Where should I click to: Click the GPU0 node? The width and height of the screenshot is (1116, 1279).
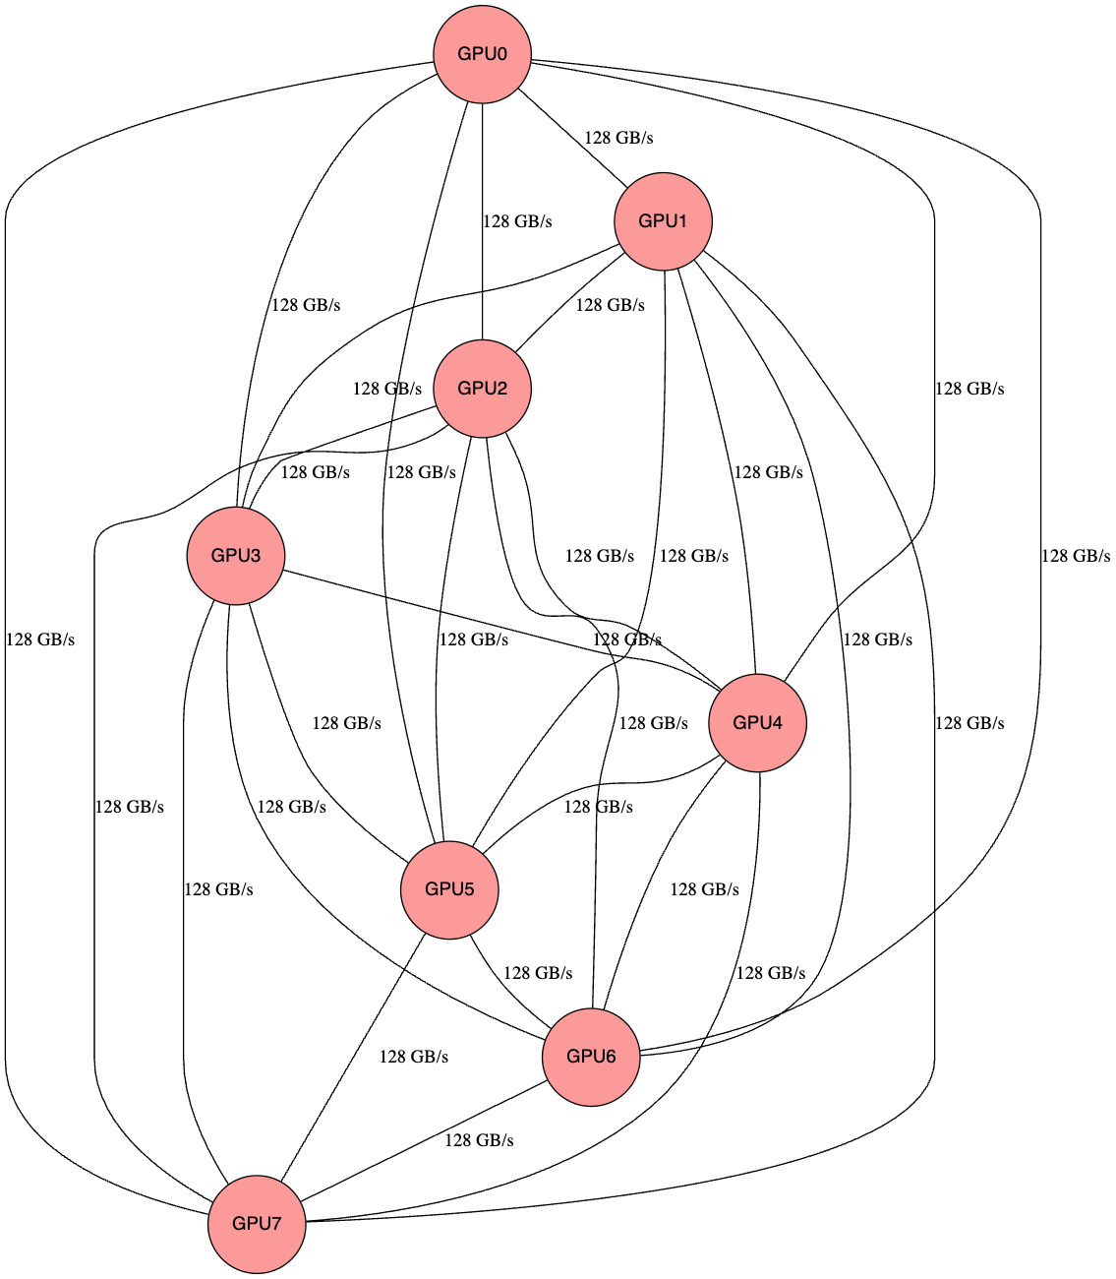(x=483, y=54)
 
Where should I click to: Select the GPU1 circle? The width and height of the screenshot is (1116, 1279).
(x=664, y=221)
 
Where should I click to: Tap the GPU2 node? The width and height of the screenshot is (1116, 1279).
(x=483, y=389)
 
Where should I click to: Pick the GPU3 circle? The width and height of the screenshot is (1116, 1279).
(x=236, y=556)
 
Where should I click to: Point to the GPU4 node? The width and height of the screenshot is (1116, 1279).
(x=758, y=723)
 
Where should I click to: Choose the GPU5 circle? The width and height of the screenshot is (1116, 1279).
(x=449, y=889)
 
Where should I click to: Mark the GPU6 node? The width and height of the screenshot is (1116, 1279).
(x=591, y=1057)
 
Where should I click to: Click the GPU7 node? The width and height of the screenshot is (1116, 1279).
(x=257, y=1224)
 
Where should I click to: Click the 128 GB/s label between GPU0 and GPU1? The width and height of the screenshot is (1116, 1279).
(x=618, y=138)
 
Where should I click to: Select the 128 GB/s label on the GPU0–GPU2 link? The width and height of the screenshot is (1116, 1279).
(x=517, y=221)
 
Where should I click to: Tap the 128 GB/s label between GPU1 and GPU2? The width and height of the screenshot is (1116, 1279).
(x=610, y=305)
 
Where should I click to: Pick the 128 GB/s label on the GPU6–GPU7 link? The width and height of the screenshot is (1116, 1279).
(x=479, y=1140)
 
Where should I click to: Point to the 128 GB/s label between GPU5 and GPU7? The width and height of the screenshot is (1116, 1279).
(x=414, y=1057)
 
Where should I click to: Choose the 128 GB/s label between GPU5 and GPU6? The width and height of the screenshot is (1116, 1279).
(x=538, y=973)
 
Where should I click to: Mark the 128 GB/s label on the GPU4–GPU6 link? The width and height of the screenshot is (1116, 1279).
(x=704, y=889)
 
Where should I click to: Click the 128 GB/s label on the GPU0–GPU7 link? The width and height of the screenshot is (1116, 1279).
(x=40, y=639)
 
